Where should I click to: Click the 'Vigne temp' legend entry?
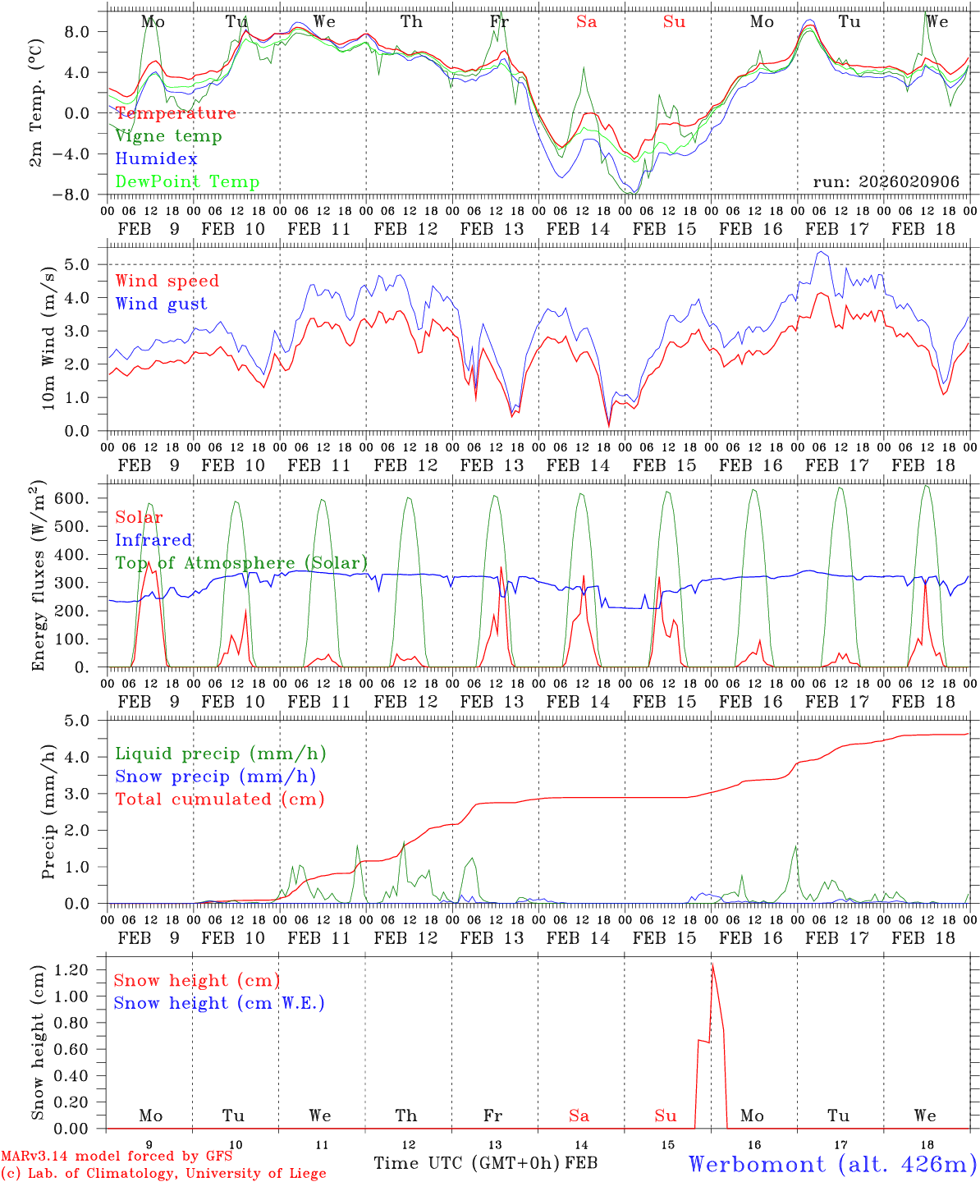pos(168,136)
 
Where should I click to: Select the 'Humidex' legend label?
pos(156,159)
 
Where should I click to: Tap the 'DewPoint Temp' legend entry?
pos(187,182)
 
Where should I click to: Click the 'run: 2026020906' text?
pos(886,182)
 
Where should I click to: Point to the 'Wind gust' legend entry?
pos(161,304)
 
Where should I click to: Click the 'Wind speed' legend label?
pos(167,282)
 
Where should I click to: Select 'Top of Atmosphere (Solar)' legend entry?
pos(241,563)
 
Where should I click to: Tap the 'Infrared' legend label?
pos(153,540)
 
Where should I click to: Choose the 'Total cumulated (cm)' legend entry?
pos(219,799)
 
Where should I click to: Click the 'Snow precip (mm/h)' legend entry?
pos(215,777)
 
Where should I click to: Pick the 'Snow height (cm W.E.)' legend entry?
pos(219,1003)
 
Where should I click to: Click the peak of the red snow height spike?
pos(712,964)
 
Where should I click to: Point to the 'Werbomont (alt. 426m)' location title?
pos(831,1164)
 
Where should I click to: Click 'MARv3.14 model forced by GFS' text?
pos(117,1157)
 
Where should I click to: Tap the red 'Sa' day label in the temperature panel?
pos(586,22)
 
